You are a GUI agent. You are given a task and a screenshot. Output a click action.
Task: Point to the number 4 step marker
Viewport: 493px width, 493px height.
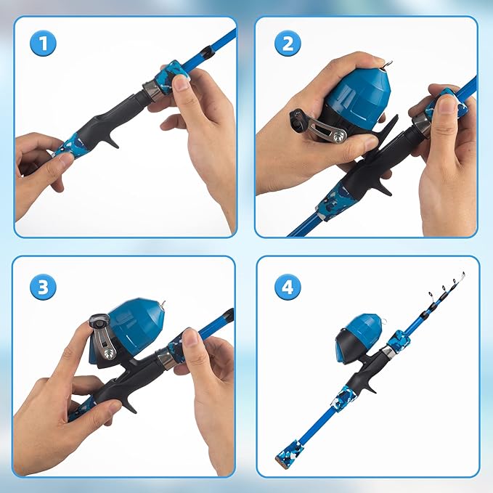point(288,286)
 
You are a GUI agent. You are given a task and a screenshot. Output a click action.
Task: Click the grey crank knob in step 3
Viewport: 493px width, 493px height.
point(98,321)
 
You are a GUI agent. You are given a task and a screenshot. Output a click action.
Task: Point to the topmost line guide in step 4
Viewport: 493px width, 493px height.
point(463,277)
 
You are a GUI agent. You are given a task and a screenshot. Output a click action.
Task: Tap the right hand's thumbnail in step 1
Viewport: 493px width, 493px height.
point(181,82)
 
